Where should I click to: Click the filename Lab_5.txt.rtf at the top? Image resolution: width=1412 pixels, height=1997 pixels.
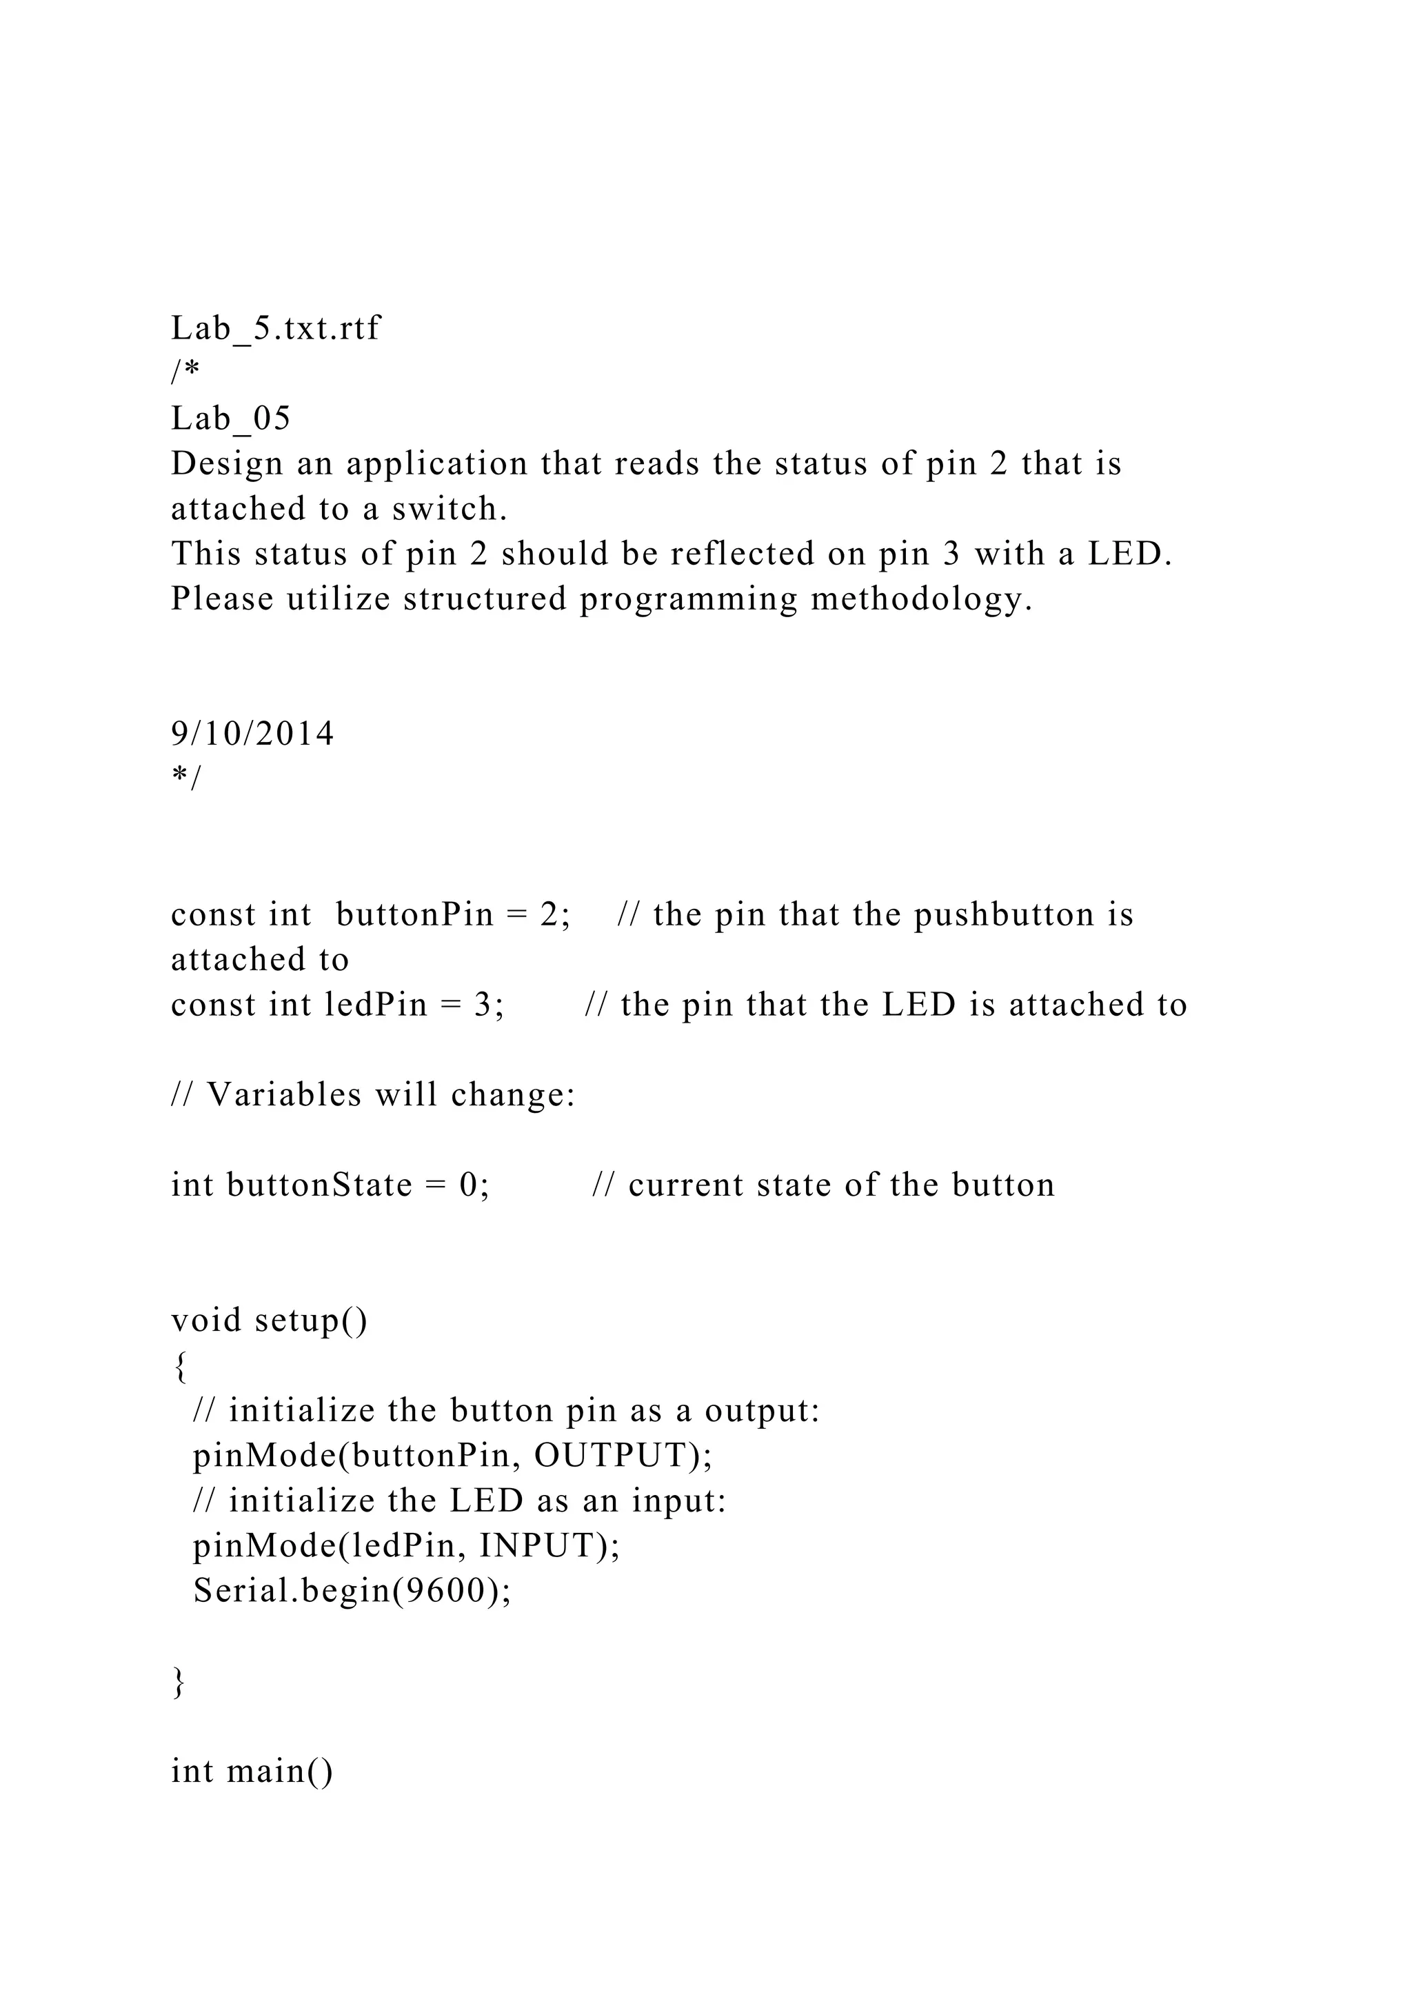pos(276,329)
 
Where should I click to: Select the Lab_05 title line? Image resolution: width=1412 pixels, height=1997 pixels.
pos(230,419)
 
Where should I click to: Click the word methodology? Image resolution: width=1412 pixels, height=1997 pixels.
pos(922,600)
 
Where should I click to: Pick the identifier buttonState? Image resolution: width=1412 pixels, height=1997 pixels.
pos(319,1185)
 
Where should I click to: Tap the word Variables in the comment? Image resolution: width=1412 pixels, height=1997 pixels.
pos(283,1095)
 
